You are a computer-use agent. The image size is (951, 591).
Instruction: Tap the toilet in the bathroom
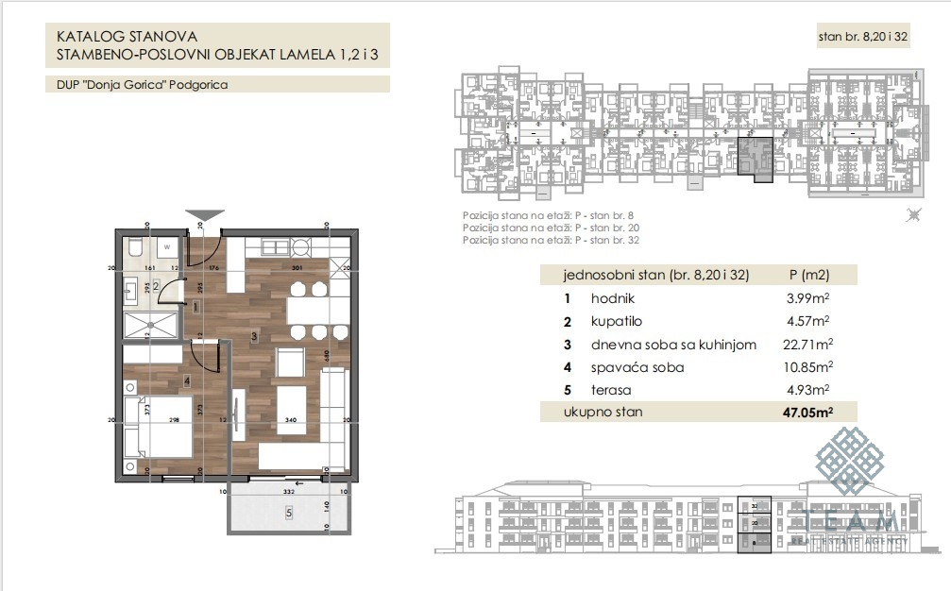(136, 248)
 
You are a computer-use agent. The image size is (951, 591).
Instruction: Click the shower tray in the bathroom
(150, 327)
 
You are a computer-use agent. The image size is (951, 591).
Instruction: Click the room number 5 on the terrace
(288, 513)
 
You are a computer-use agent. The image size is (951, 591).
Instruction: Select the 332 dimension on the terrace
(289, 492)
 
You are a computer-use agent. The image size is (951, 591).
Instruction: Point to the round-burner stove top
(300, 247)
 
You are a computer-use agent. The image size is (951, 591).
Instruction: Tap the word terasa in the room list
(612, 389)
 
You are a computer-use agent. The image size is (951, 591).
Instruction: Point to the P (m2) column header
(807, 276)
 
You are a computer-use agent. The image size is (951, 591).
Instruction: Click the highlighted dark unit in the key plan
(755, 154)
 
